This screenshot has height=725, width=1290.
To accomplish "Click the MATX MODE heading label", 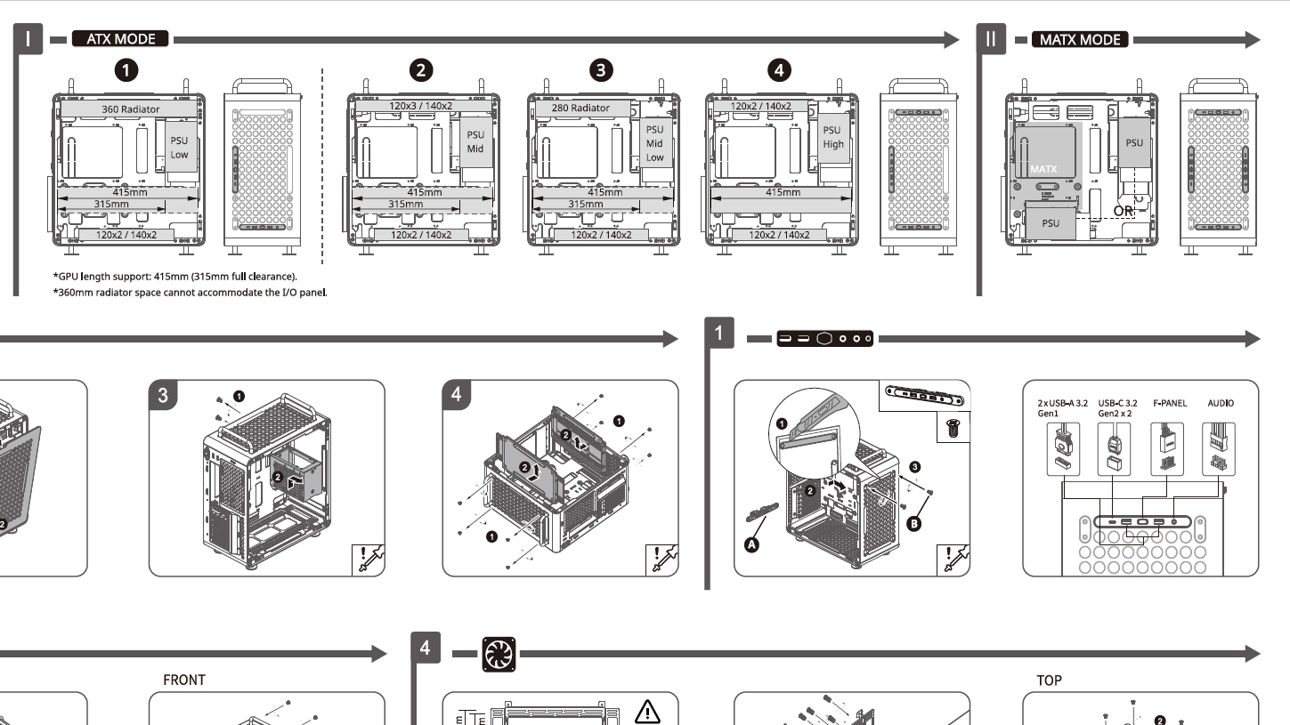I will coord(1079,39).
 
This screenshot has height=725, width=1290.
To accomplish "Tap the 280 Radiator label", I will coord(579,108).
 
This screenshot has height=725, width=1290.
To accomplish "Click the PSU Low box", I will coord(180,148).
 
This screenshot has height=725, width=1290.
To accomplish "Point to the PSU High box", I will coord(833,138).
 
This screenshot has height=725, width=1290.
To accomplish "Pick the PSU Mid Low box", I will coord(654,143).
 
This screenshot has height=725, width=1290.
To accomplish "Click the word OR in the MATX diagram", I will coord(1124,211).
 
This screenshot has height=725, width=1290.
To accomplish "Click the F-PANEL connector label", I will coord(1170,403).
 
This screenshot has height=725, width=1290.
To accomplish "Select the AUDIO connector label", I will coord(1221,403).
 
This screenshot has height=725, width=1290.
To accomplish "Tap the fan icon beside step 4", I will coord(494,654).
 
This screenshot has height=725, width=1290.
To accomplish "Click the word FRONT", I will coord(184,680).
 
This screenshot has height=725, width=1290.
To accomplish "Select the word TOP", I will coord(1050,680).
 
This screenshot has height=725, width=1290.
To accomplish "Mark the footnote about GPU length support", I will coord(174,277).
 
